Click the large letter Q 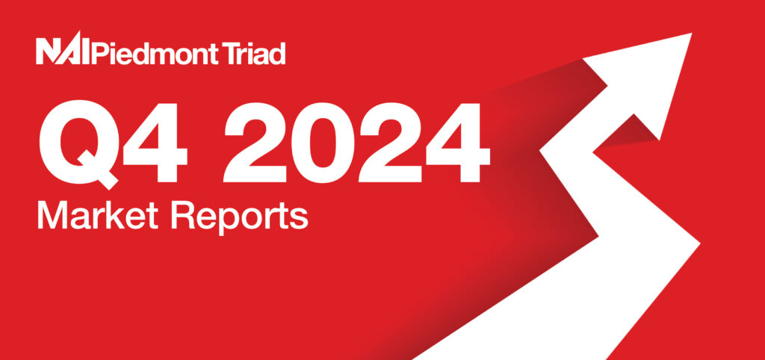[x=79, y=143]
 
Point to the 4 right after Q [x=155, y=141]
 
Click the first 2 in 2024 [x=254, y=141]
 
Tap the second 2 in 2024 [x=390, y=141]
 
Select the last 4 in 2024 [x=458, y=141]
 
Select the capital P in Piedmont [x=98, y=53]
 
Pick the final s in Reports [x=300, y=220]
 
